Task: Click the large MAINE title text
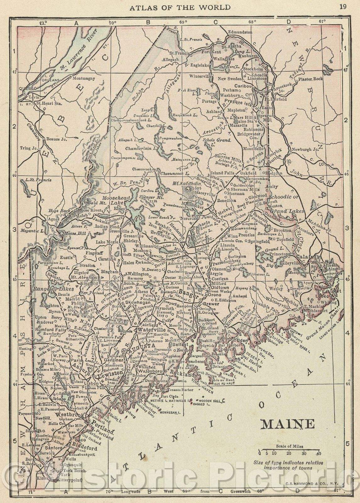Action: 288,424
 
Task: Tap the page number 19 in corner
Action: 343,7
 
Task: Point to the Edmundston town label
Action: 240,32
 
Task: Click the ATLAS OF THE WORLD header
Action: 180,7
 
